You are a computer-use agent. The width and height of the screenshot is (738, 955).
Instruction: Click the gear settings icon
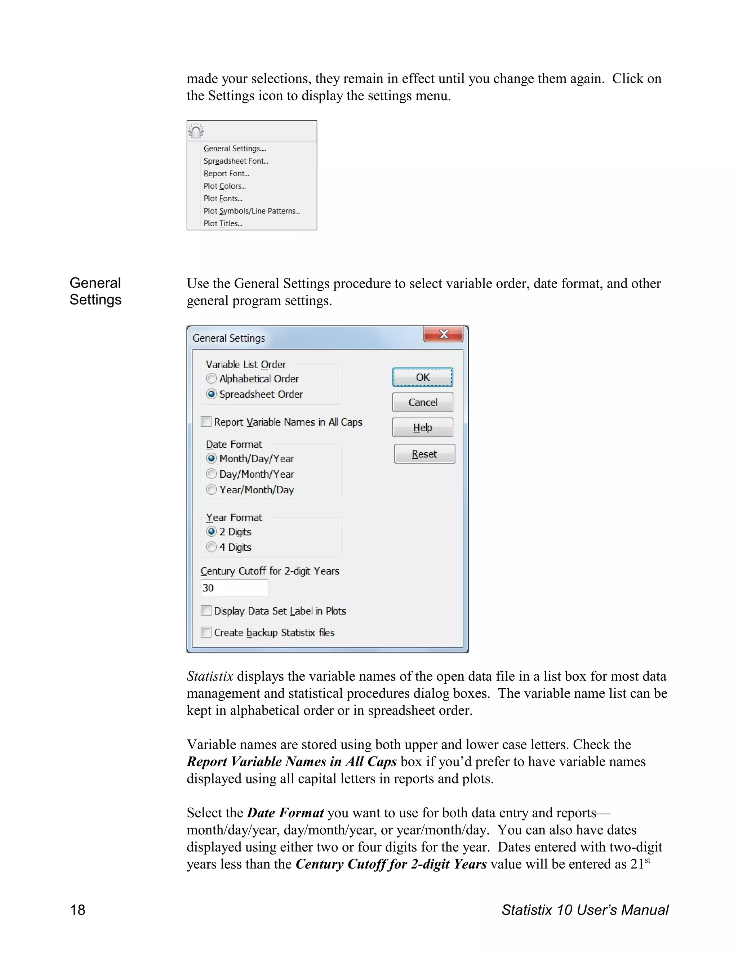pos(196,131)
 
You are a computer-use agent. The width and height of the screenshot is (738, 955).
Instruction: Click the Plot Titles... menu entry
pos(223,223)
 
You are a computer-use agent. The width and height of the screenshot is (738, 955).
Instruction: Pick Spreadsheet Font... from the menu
pos(236,161)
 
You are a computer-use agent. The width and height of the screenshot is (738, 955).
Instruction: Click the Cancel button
pos(422,402)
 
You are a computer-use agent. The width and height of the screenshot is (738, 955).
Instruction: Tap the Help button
pos(422,428)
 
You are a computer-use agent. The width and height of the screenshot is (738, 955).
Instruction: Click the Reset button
pos(424,454)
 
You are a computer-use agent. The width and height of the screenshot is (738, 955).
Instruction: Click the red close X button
pos(443,334)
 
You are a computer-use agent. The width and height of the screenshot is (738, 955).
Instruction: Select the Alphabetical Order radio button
pos(212,378)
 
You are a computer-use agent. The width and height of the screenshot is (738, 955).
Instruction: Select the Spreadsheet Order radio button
pos(212,394)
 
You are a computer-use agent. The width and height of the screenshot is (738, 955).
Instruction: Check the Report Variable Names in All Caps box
pos(206,422)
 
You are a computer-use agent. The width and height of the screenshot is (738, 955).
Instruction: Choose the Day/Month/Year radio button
pos(212,474)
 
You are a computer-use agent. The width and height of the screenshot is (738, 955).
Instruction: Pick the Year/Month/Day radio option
pos(212,489)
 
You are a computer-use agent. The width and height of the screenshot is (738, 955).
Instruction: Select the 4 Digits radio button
pos(212,547)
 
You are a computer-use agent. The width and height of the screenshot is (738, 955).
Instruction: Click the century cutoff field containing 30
pos(234,588)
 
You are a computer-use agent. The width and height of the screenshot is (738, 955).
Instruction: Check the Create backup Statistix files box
pos(206,632)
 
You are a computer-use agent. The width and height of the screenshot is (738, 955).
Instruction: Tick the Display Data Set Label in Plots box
pos(206,610)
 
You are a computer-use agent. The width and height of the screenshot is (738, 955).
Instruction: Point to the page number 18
pos(78,910)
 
